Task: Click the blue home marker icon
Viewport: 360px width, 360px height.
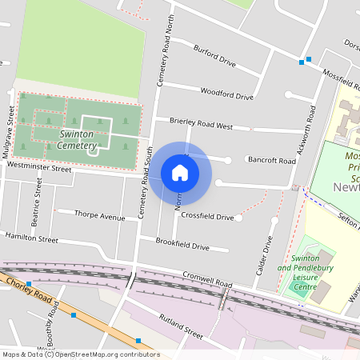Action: (x=180, y=172)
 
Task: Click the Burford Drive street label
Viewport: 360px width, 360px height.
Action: (x=215, y=57)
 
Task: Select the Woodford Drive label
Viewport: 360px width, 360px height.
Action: (x=226, y=94)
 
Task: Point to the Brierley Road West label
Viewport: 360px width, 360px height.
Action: (x=201, y=124)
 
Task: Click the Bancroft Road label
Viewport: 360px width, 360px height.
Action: (x=271, y=161)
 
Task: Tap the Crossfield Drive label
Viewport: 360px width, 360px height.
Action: (x=207, y=217)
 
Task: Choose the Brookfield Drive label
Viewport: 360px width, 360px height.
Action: (x=182, y=245)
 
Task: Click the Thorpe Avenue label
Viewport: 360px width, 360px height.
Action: (x=99, y=216)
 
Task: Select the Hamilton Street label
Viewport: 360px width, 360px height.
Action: (x=31, y=238)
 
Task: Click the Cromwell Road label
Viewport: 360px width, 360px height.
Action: (x=206, y=282)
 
